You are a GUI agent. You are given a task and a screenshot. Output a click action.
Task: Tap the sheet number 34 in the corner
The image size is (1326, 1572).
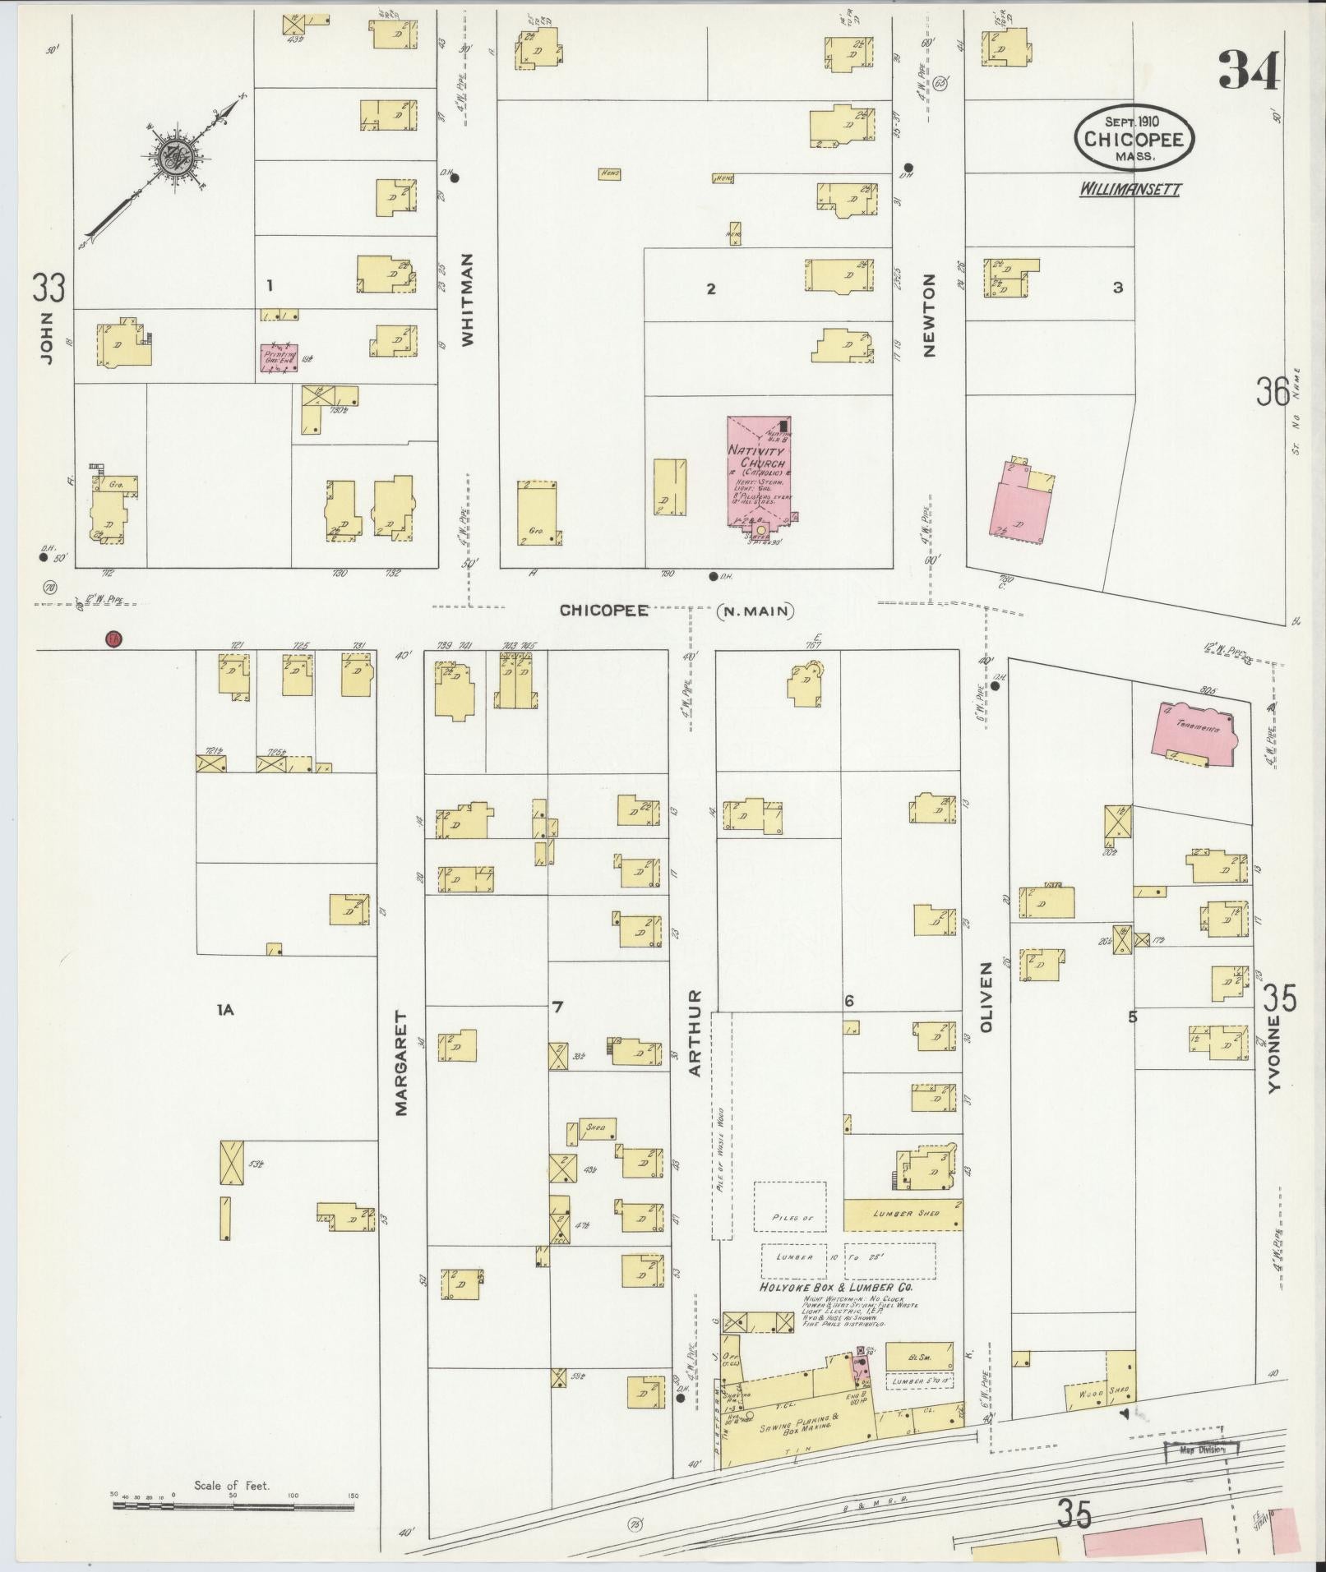tap(1250, 71)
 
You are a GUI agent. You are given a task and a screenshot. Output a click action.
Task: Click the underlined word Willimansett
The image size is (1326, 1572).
tap(1130, 190)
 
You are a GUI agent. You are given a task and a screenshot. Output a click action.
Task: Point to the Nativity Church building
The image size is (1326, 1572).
tap(759, 473)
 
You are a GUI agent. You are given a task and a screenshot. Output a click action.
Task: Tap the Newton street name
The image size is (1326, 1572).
tap(930, 315)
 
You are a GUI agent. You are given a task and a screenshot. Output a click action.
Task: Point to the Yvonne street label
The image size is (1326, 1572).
tap(1274, 1053)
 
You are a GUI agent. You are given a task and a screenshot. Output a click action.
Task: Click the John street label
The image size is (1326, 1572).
tap(46, 337)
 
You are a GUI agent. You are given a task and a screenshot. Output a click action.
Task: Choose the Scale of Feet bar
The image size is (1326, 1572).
tap(233, 1505)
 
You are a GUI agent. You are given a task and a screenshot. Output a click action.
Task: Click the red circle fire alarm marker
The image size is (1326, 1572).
tap(113, 638)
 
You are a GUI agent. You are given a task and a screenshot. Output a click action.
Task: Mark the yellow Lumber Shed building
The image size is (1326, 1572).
tap(903, 1214)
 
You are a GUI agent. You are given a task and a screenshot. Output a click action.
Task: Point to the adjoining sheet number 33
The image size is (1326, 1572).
tap(49, 288)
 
